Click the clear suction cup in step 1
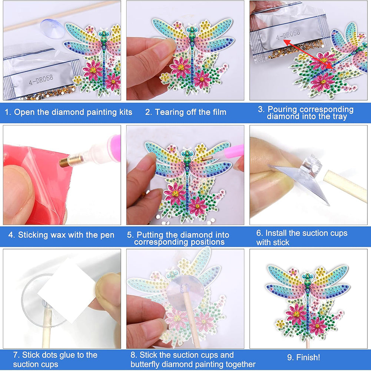[x=52, y=29]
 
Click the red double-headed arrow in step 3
[x=308, y=54]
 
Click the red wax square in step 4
[x=36, y=185]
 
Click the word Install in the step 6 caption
[x=275, y=233]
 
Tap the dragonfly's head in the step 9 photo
[x=308, y=276]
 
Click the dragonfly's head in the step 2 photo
[x=192, y=29]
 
